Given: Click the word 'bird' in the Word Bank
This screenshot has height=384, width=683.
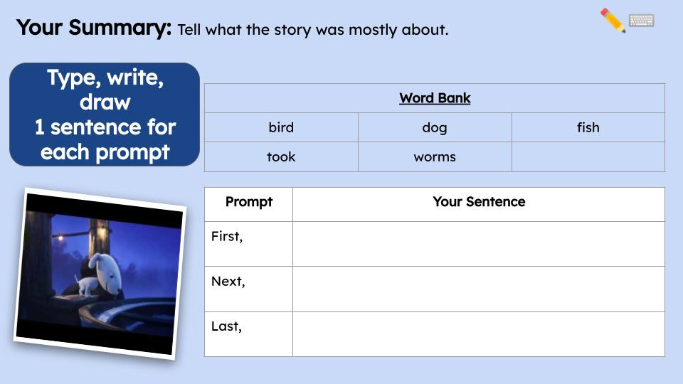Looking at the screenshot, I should pos(281,128).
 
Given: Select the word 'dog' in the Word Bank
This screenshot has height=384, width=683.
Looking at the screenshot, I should pos(435,128).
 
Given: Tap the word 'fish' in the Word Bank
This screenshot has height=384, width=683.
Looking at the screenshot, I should pos(588,128).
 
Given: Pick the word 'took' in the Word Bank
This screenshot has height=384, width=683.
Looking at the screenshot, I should pos(281,157).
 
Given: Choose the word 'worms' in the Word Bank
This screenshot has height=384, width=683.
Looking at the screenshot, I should pos(435,157).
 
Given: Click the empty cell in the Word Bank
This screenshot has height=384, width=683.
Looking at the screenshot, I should pos(588,157).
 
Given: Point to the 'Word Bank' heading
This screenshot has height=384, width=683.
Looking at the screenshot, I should pos(435,98).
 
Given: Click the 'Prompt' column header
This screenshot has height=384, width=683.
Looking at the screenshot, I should pos(249,202).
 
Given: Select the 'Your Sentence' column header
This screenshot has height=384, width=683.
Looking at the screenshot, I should pos(479,202).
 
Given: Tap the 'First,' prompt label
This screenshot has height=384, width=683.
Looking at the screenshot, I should pos(227,237).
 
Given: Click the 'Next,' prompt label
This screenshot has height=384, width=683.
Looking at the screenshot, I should pos(228,282).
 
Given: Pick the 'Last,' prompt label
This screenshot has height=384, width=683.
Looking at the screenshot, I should pos(226,327).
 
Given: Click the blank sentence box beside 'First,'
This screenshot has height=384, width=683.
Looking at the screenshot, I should pos(479,244).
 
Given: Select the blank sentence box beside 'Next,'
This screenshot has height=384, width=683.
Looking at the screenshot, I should pos(479,289).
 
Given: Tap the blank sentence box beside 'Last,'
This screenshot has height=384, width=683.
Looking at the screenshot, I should pos(479,334).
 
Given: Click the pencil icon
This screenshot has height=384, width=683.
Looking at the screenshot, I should pos(613,21).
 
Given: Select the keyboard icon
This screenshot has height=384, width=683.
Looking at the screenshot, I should pos(642,21).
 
